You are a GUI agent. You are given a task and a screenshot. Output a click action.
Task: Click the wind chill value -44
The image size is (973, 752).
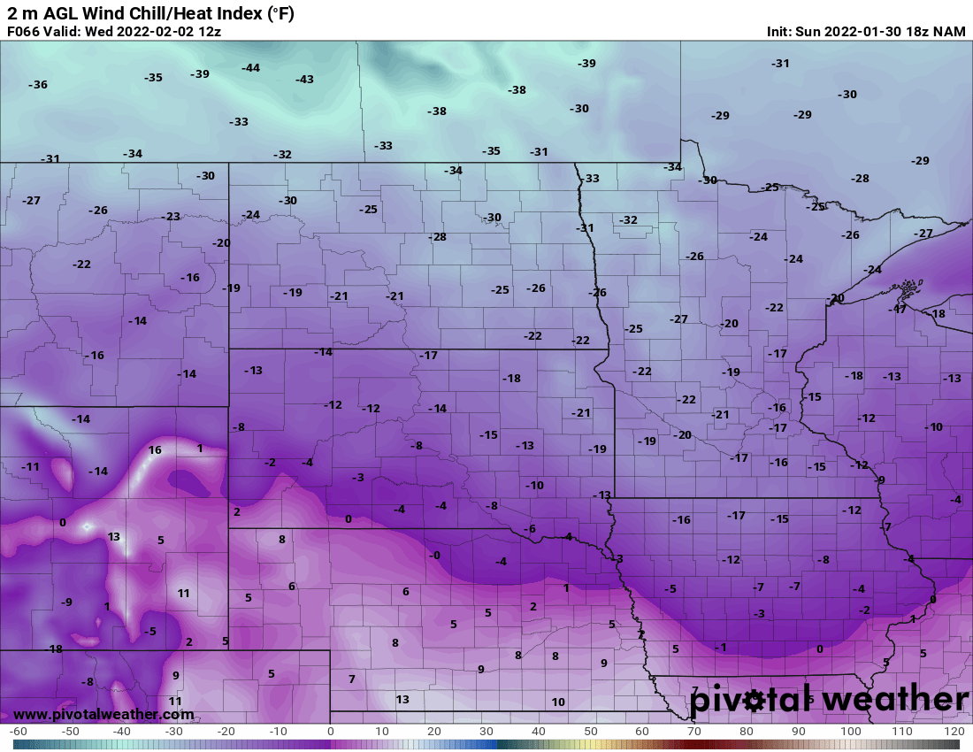(x=250, y=68)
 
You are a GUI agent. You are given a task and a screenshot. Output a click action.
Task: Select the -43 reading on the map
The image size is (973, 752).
(x=304, y=80)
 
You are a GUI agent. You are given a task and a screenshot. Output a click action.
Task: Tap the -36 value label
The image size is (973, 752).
(x=38, y=85)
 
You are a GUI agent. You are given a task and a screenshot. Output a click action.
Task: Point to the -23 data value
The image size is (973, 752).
(x=171, y=217)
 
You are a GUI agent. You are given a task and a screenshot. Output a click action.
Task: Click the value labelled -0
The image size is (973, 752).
(x=433, y=555)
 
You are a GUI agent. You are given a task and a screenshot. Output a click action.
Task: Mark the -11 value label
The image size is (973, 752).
(x=31, y=467)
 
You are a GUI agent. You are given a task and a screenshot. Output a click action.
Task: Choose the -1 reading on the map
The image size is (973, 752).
(x=721, y=648)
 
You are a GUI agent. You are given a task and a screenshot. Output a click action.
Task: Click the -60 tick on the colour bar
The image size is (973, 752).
(x=19, y=732)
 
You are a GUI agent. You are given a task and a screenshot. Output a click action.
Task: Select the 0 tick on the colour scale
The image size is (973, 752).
(x=331, y=732)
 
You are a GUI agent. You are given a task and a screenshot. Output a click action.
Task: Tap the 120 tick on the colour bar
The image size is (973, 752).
(x=954, y=732)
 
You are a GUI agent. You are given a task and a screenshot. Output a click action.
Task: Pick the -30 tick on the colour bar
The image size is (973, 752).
(x=174, y=732)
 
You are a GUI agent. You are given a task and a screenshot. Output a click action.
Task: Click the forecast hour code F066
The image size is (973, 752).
(x=24, y=31)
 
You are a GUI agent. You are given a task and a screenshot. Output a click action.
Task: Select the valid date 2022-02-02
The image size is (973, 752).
(x=148, y=31)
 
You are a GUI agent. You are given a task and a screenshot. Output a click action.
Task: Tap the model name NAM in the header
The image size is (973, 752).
(x=948, y=31)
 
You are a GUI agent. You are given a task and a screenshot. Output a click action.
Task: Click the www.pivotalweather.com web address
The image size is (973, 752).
(x=103, y=714)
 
